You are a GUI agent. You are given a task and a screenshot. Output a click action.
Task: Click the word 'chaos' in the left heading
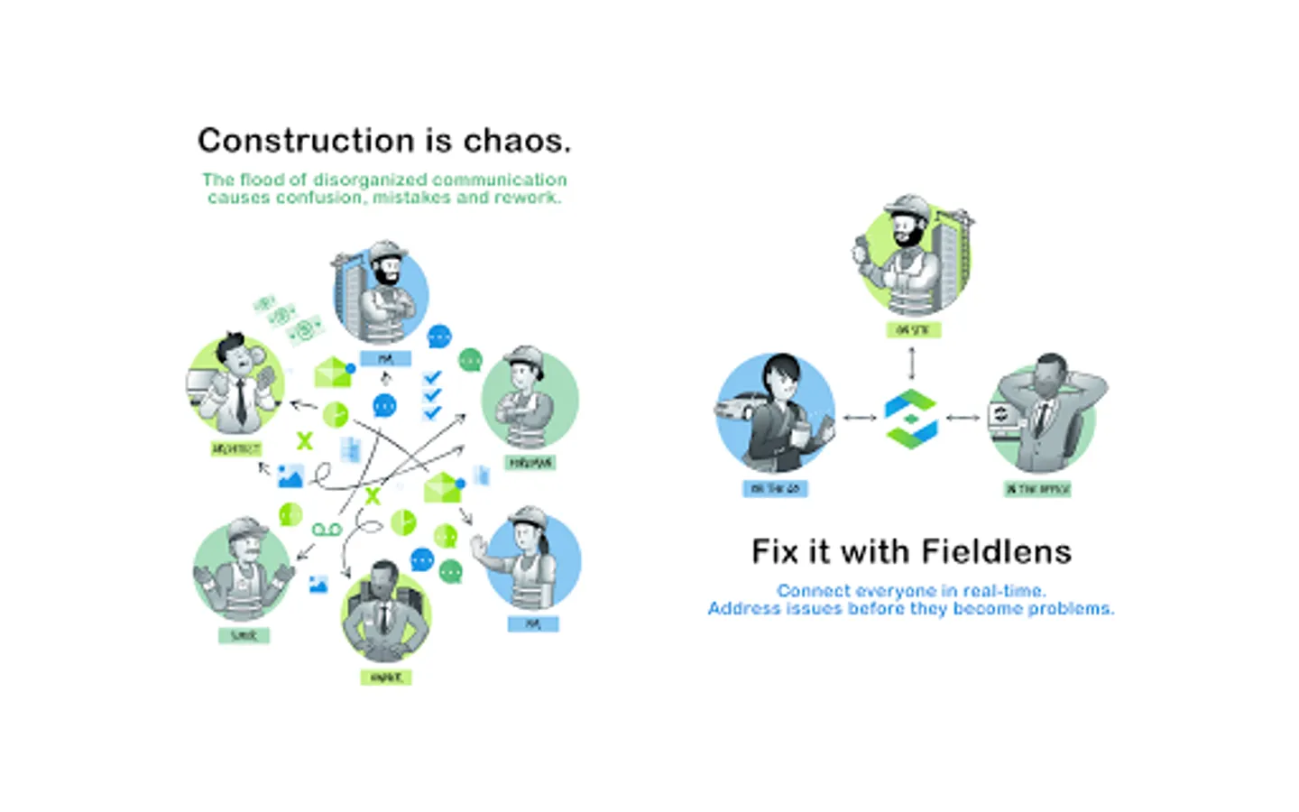(x=516, y=141)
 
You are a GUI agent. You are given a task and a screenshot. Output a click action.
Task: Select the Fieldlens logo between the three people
(x=911, y=418)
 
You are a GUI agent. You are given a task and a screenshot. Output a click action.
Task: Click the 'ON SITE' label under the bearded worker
(x=913, y=330)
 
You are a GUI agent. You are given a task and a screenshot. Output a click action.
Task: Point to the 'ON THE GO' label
(x=775, y=489)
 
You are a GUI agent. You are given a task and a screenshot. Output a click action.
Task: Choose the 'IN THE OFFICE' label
(x=1037, y=489)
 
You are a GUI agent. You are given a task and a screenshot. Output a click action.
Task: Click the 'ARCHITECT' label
(x=236, y=448)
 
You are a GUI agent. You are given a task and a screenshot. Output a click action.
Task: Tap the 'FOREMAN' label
(x=530, y=463)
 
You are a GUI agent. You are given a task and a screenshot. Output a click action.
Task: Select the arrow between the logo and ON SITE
(x=911, y=363)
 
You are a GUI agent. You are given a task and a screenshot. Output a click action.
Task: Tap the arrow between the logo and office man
(x=963, y=418)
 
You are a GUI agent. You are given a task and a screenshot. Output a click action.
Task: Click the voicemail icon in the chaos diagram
(x=327, y=529)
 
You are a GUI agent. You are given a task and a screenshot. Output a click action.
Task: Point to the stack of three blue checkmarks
(x=432, y=395)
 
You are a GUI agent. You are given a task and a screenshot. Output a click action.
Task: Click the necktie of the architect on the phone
(x=241, y=403)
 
